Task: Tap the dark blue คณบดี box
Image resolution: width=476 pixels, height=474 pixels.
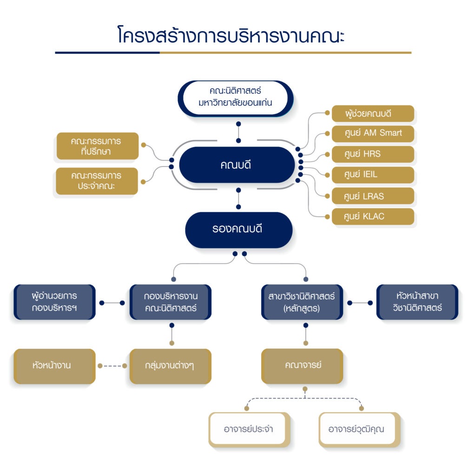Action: point(237,165)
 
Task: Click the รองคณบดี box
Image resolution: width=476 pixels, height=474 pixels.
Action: point(238,229)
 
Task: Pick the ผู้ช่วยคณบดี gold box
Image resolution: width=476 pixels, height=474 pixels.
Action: point(372,113)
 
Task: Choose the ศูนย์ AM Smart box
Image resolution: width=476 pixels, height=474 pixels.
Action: point(372,134)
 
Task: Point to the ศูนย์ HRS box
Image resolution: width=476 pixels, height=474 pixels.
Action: point(372,154)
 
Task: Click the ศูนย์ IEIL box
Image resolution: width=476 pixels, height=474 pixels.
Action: point(372,175)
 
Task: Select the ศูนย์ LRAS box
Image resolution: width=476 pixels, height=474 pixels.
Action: point(372,196)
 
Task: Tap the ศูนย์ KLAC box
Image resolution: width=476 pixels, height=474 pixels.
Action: point(372,216)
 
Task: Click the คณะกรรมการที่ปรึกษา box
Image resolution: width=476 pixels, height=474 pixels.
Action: point(98,146)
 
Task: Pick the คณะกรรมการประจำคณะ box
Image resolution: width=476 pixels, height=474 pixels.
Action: point(97,181)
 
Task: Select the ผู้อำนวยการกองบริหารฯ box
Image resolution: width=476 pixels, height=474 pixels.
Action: point(54,302)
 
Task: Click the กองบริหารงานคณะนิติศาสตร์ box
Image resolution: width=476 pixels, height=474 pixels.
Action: point(171,302)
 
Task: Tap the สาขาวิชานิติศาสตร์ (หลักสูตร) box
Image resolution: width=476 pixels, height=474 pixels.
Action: point(302,302)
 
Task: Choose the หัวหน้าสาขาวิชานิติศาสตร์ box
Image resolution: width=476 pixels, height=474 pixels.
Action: point(417,302)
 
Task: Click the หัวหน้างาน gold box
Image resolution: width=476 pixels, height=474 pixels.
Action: point(54,366)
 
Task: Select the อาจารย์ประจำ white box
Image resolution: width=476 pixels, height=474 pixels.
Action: point(249,429)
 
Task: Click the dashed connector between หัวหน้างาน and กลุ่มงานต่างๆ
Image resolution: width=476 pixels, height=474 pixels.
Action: point(112,366)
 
